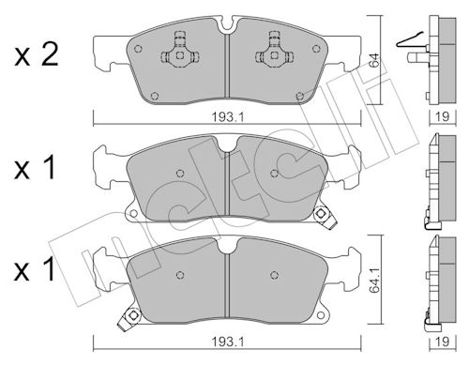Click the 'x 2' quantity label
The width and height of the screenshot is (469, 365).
pos(36,55)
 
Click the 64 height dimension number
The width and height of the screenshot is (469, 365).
pos(373,60)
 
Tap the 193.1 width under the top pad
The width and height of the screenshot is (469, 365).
pos(228,117)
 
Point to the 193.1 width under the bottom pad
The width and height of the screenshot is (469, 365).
pos(228,342)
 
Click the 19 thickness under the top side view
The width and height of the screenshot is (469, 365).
pos(443,116)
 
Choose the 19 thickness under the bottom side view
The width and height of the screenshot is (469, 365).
pos(443,342)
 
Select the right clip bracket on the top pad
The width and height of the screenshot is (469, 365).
pos(274,52)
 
